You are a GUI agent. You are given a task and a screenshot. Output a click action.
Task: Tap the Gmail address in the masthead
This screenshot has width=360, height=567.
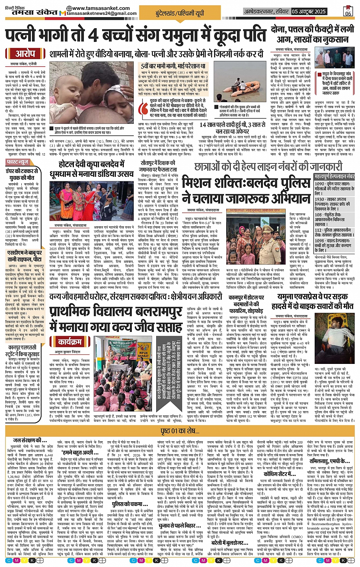tap(102, 13)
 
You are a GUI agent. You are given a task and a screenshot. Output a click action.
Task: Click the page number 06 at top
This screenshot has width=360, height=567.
tap(348, 12)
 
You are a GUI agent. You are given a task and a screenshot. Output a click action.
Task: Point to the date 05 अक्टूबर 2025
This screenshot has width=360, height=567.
tap(309, 11)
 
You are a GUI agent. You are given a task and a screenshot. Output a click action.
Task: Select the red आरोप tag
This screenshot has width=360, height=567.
tap(26, 54)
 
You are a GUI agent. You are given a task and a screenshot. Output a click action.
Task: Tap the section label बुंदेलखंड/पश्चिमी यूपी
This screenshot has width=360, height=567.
tap(179, 13)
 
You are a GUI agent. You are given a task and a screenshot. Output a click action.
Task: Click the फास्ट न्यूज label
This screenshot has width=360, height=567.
tap(18, 162)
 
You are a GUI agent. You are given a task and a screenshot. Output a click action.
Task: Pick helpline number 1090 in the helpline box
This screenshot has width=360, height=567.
tap(320, 184)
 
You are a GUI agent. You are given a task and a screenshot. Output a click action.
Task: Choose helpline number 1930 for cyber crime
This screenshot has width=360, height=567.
tap(320, 199)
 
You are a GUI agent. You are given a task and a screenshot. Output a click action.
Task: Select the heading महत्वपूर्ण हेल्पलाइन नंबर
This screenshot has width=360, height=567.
tap(334, 176)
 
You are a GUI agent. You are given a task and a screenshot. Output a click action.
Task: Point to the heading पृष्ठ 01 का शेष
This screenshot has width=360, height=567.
tap(180, 431)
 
